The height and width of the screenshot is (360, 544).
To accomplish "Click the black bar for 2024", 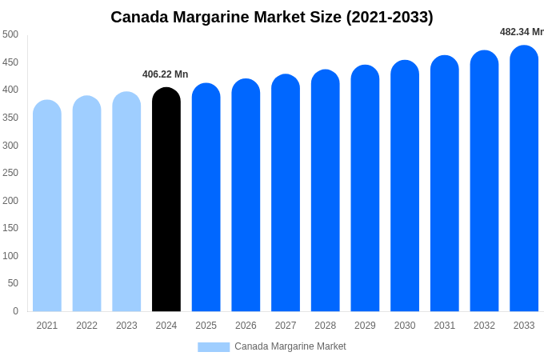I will tap(166, 200).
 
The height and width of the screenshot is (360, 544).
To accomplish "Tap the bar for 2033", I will tap(524, 179).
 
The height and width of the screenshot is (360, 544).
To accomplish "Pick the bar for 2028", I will tap(326, 191).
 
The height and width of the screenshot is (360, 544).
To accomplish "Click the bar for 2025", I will tap(206, 198).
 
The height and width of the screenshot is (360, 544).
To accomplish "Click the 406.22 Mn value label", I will tap(166, 74).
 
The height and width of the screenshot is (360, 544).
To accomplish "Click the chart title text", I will tap(272, 17).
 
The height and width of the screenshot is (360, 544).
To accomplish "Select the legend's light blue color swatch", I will tap(214, 346).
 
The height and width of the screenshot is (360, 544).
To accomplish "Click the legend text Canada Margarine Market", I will tap(290, 346).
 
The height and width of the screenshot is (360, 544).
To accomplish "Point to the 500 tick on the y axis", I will tap(10, 34).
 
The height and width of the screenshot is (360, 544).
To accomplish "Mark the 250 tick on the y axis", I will tap(10, 173).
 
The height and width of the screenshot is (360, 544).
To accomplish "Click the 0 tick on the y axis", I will tap(15, 311).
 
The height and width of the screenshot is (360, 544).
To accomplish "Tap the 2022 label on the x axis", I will tap(86, 326).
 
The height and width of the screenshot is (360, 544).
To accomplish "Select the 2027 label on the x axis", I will tap(286, 326).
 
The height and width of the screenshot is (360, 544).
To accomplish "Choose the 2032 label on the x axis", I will tap(484, 326).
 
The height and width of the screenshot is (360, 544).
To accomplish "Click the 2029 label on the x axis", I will tap(365, 326).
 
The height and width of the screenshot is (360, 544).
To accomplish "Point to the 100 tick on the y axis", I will tap(10, 256).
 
